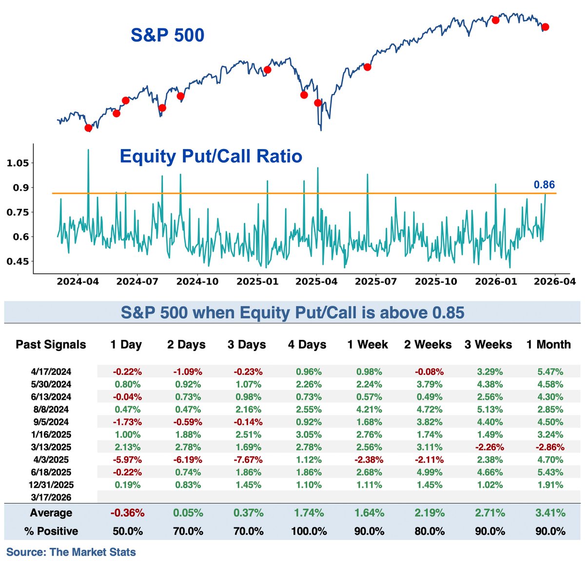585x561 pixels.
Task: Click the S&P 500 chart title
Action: pos(167,35)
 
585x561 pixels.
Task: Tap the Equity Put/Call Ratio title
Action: pos(211,156)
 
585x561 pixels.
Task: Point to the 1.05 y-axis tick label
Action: pos(18,163)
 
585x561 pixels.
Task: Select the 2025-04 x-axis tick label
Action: pos(316,281)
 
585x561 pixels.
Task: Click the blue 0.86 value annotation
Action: pos(544,185)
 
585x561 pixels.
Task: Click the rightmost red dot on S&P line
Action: pos(545,27)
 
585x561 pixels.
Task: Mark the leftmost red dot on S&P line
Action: pos(88,128)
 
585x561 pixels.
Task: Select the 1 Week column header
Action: pos(368,345)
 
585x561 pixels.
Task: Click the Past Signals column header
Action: pos(51,345)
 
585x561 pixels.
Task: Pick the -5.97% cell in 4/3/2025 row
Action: pos(127,460)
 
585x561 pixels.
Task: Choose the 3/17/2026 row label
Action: pos(51,497)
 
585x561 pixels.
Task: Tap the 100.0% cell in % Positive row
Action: pos(309,531)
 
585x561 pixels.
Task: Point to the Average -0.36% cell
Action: pos(127,513)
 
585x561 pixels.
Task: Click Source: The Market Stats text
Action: pos(71,552)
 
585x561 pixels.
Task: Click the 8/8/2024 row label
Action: pos(51,409)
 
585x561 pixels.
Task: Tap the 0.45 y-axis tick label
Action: pos(18,262)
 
